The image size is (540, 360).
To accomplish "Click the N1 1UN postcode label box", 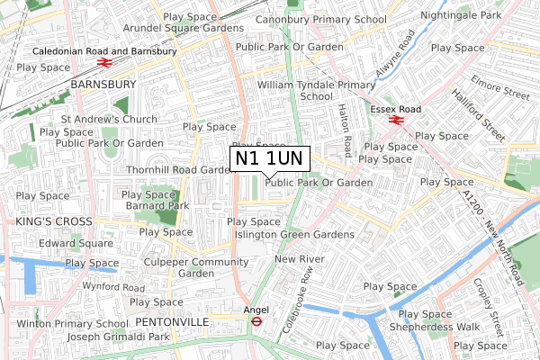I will click(270, 158).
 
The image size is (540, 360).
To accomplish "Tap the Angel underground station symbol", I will click(256, 319).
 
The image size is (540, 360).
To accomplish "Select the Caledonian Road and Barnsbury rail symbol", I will click(105, 64).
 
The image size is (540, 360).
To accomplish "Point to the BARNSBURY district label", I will click(103, 84).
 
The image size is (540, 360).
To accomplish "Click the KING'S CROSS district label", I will click(54, 221).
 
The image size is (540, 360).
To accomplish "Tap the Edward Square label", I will click(76, 242).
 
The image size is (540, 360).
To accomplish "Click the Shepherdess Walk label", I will click(443, 327).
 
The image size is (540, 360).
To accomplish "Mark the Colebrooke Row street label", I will click(295, 301).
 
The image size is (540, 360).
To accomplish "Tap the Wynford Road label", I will click(114, 288).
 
